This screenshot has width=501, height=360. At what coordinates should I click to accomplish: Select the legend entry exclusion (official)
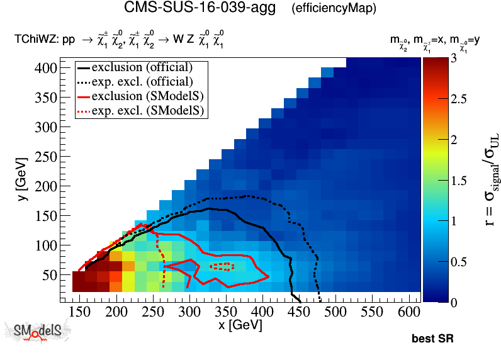pyautogui.click(x=142, y=67)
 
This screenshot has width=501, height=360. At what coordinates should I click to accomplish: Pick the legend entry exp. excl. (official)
pyautogui.click(x=142, y=81)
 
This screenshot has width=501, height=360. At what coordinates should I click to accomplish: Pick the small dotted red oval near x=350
pyautogui.click(x=222, y=266)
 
